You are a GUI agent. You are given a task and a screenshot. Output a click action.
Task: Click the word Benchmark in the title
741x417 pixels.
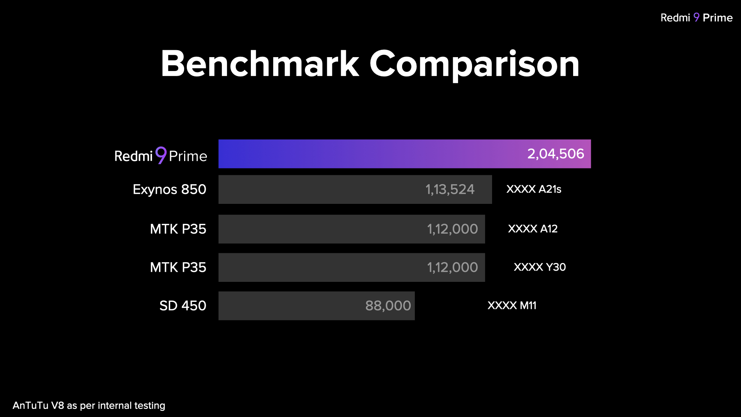click(260, 64)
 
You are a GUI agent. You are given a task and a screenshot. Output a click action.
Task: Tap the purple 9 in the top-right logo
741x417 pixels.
click(696, 17)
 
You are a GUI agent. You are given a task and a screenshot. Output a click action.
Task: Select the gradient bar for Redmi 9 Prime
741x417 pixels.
click(367, 154)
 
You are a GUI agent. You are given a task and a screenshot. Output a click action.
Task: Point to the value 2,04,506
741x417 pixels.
click(555, 154)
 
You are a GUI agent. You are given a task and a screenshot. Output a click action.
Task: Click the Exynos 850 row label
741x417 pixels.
click(169, 190)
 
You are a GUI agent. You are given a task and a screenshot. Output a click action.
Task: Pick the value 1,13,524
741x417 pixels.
click(450, 190)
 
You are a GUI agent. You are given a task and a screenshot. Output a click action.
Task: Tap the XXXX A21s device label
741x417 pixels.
click(534, 189)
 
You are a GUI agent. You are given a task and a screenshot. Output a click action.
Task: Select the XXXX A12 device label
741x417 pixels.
click(533, 229)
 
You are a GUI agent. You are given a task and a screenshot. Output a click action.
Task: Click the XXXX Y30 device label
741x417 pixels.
click(540, 267)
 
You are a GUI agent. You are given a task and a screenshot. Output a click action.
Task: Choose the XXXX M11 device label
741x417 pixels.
click(512, 305)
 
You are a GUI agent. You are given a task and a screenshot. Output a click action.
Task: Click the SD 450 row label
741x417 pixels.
click(183, 306)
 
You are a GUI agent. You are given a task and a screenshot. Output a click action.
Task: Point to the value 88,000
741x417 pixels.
click(388, 306)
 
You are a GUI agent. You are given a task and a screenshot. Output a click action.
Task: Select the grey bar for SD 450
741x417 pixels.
click(289, 306)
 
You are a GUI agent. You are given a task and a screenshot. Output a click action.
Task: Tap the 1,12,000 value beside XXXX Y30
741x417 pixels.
click(452, 267)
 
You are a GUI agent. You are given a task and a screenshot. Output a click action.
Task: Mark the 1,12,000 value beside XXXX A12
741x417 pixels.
click(452, 229)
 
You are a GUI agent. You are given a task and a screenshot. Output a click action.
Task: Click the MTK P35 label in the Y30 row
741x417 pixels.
click(178, 267)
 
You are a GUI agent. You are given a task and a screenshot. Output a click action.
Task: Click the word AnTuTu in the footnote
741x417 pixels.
click(30, 405)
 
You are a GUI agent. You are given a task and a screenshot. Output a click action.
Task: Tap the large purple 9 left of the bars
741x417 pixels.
click(161, 155)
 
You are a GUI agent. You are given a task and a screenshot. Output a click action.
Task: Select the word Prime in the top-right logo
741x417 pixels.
click(717, 18)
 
